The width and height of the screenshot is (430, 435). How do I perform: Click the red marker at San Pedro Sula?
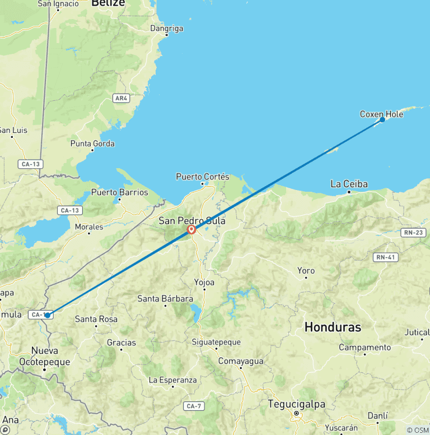coord(191,229)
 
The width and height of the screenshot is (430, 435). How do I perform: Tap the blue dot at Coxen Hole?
coord(382,119)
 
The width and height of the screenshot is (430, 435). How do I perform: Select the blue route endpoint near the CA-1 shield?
coord(48,315)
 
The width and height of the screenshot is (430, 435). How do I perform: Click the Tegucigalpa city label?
coord(296,404)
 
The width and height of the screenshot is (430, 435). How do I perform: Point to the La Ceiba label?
coord(349,183)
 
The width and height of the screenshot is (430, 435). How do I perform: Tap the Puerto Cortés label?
coord(203,177)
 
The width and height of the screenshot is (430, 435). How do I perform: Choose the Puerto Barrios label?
coord(119,192)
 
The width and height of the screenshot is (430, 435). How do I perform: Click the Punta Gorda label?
coord(92,144)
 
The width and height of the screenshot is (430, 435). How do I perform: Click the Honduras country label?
coord(333,327)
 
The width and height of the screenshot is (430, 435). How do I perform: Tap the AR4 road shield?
coord(121,98)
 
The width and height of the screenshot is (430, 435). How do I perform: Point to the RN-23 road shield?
coord(414,232)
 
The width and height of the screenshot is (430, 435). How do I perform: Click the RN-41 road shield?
coord(386,257)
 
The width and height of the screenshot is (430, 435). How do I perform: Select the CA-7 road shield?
coord(194,406)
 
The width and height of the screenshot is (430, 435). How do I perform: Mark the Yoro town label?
coord(306,271)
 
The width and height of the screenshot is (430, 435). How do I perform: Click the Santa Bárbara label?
coord(165,299)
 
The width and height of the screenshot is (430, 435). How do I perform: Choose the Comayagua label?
coord(241,360)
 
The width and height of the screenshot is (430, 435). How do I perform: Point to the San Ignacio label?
coord(58,4)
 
